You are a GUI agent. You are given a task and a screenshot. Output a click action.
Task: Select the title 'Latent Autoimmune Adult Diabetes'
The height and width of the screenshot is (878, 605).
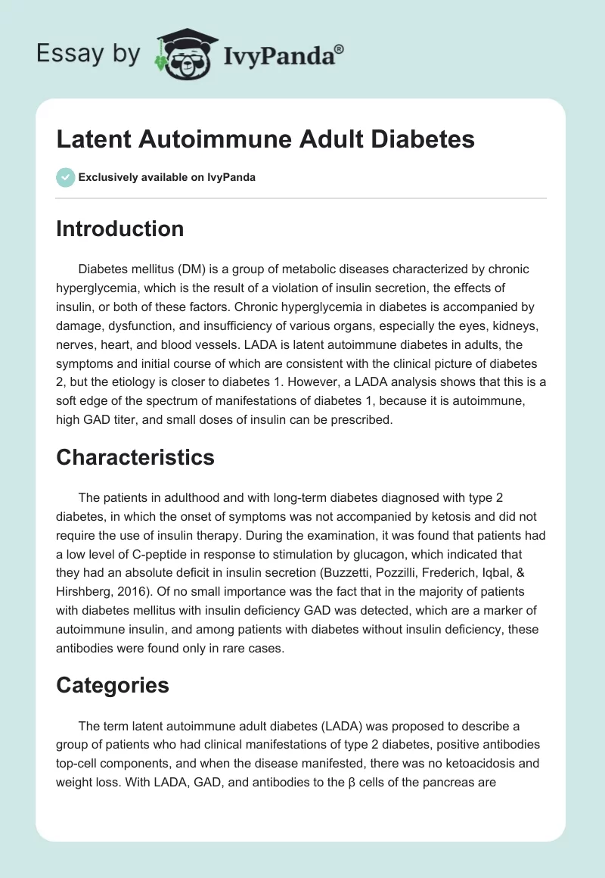pyautogui.click(x=265, y=140)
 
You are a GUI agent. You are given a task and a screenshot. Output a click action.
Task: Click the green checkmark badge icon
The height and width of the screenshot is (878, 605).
pyautogui.click(x=65, y=177)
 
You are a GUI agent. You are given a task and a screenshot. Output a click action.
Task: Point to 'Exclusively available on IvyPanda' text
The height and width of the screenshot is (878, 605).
pyautogui.click(x=167, y=177)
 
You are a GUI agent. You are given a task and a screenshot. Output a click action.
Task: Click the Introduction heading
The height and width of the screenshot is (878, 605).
pyautogui.click(x=119, y=229)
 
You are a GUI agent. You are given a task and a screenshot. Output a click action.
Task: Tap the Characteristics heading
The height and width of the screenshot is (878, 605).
pyautogui.click(x=135, y=457)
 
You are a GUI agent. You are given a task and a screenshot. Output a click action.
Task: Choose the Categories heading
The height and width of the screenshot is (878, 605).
pyautogui.click(x=112, y=686)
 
